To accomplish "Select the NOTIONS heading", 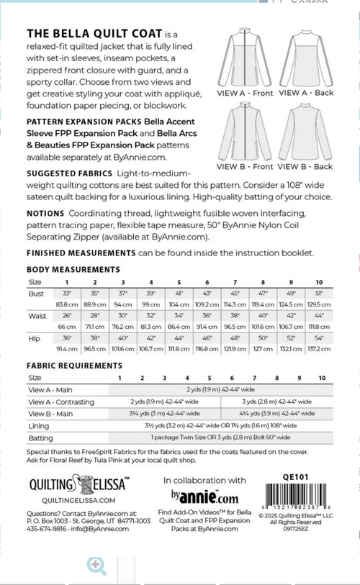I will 45,214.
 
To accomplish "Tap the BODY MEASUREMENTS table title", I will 73,269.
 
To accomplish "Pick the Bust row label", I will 36,294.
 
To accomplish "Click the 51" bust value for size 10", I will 319,294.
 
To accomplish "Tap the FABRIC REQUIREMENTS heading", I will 74,366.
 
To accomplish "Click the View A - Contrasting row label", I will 61,402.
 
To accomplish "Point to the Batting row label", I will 40,437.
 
